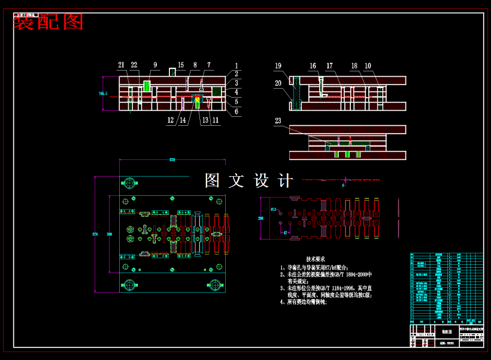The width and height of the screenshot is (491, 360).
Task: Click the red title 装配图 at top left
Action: [48, 22]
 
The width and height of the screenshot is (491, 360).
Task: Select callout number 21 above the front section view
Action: [121, 65]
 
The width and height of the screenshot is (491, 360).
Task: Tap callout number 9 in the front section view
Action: [155, 65]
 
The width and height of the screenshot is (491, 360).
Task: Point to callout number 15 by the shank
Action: [181, 65]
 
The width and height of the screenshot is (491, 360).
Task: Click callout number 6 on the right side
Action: [237, 111]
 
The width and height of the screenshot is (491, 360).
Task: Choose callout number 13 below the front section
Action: [205, 120]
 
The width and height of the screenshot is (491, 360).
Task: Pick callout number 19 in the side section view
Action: [278, 66]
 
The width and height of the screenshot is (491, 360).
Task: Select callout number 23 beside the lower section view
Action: [278, 121]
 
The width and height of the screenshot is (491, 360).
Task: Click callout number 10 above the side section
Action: [368, 66]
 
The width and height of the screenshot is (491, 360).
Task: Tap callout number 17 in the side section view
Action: [329, 66]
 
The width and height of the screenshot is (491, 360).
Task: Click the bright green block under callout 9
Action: [147, 86]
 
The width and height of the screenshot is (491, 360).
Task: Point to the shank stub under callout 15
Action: [172, 72]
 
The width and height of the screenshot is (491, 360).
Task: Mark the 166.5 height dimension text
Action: [103, 93]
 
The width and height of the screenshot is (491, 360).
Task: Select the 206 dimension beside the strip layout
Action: [260, 219]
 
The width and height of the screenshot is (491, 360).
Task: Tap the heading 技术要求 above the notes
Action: [316, 259]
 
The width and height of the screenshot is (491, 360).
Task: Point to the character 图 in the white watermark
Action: [213, 180]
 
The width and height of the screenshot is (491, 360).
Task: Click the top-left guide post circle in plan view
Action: [129, 182]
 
